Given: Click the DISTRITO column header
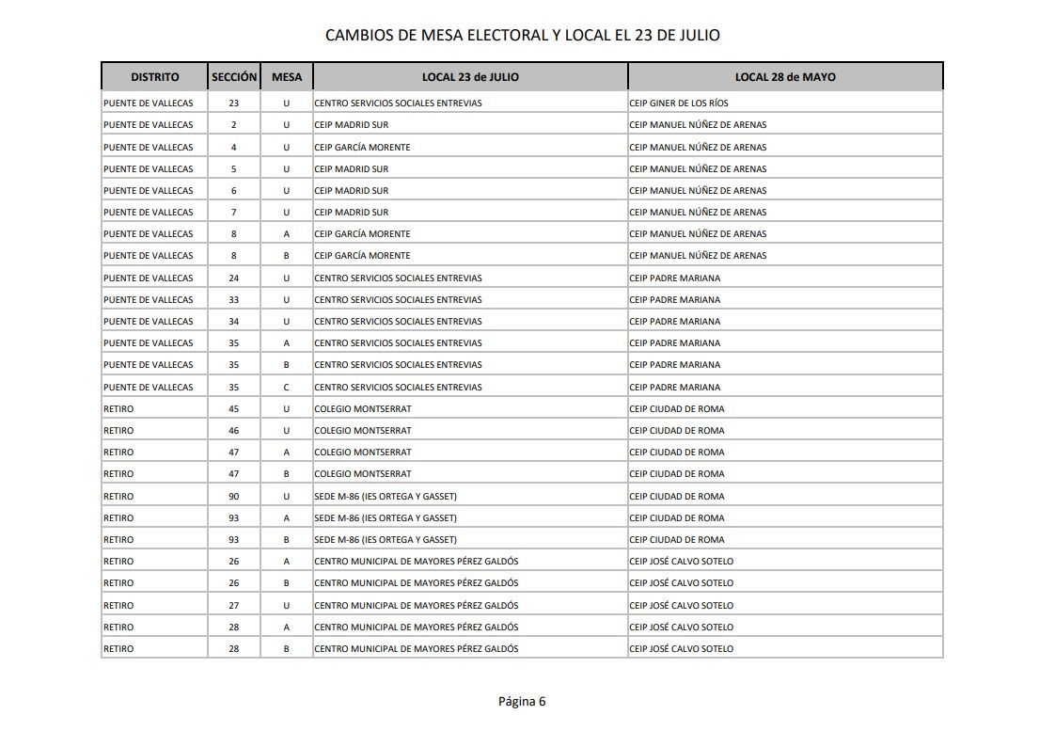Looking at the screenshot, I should [x=155, y=77].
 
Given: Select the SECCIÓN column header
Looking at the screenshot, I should [x=234, y=77].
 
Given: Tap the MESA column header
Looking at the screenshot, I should [x=286, y=77].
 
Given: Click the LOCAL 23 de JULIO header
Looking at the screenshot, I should [x=470, y=77].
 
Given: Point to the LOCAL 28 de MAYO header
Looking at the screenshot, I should [x=785, y=77].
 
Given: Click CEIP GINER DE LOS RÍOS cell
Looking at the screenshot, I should [x=679, y=103].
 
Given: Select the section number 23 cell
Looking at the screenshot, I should [x=234, y=103].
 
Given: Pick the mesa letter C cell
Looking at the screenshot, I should [x=286, y=387].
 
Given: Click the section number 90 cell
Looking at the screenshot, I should [x=234, y=496].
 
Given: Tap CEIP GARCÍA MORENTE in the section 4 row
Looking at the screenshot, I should [x=363, y=147].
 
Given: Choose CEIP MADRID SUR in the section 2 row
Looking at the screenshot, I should [x=352, y=125].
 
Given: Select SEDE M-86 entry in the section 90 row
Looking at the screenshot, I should [x=386, y=496].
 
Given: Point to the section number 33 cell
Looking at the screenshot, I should [x=234, y=299].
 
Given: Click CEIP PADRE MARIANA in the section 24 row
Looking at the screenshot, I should [x=675, y=278].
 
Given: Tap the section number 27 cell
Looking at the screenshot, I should [x=234, y=605].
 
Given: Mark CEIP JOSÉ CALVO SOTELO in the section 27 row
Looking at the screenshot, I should [x=682, y=605].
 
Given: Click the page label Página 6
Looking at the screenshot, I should [x=522, y=701].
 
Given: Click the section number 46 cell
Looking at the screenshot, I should [x=234, y=430].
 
